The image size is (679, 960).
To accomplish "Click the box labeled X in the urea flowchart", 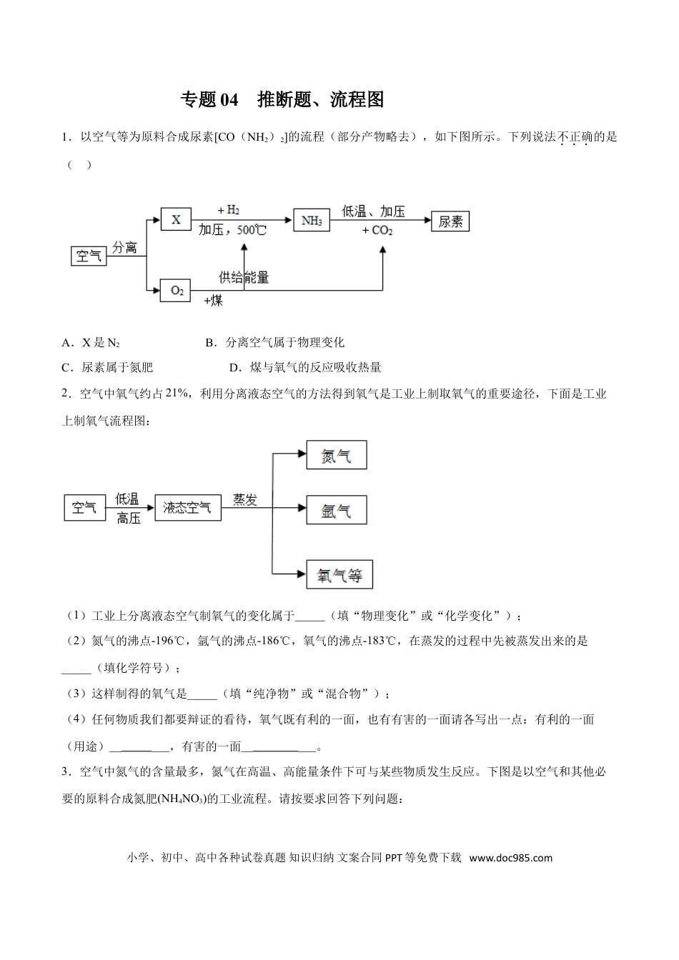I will point(176,219).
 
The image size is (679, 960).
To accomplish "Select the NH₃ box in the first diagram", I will point(312,221).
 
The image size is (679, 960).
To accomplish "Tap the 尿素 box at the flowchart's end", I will point(450,221).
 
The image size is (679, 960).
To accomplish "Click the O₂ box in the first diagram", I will point(176,291).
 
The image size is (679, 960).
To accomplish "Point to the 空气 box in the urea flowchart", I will point(89,255).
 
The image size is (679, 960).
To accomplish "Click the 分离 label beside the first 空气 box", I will point(124,247).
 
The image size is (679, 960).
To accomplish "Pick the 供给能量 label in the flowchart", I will point(244,277).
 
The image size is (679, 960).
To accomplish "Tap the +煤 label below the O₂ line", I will point(213,301).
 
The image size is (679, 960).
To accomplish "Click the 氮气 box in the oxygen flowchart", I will point(336,455).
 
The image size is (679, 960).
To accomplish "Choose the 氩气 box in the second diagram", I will point(336,510).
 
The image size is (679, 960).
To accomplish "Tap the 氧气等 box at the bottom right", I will point(339,574).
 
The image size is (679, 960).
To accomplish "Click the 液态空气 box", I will point(187,507).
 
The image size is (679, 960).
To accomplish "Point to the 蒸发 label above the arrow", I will point(244,499).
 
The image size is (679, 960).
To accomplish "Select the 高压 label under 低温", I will point(128,519).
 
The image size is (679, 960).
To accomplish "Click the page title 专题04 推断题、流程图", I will point(282,100).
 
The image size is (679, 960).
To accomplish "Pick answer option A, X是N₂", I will point(91,343).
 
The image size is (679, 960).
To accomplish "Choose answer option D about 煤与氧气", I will point(305,368).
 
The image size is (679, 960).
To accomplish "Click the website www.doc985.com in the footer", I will point(511,858).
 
